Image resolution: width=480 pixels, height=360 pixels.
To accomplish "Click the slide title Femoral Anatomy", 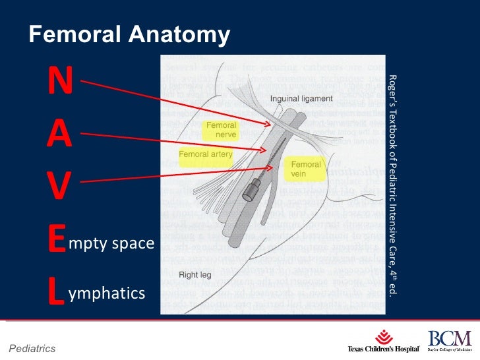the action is click(x=129, y=35).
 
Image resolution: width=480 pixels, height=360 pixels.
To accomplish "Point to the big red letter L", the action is click(x=57, y=291).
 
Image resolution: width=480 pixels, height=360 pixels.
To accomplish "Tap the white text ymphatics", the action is click(x=106, y=292).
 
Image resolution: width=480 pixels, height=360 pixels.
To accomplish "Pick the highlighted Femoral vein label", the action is click(x=306, y=169).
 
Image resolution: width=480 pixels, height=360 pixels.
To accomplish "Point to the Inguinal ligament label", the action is click(x=301, y=99).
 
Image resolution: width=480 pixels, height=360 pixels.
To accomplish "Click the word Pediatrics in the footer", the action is click(x=32, y=348).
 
